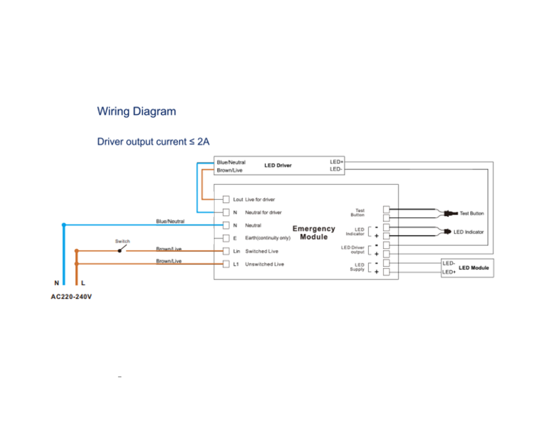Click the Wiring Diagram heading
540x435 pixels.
[x=136, y=111]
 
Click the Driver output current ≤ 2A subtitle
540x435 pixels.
[x=153, y=142]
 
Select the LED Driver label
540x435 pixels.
[x=278, y=165]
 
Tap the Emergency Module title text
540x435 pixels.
[x=314, y=233]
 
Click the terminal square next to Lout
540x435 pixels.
[x=226, y=199]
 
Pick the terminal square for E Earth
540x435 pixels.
[x=226, y=238]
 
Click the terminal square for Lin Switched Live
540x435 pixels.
[x=226, y=251]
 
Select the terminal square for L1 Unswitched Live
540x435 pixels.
[x=226, y=264]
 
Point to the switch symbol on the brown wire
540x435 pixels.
[x=122, y=249]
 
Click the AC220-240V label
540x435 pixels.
[x=71, y=297]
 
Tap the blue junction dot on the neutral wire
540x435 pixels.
[x=64, y=225]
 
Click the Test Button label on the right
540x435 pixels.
[x=471, y=213]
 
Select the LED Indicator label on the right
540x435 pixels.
[x=468, y=232]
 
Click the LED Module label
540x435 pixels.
[x=474, y=268]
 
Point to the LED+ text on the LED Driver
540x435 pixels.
[x=336, y=162]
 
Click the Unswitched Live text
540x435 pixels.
[x=264, y=264]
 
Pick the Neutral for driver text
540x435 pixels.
[x=263, y=212]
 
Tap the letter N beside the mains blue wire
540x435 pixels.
[x=56, y=283]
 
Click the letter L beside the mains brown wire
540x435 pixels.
[x=83, y=283]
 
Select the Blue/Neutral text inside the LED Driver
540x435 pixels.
[x=231, y=162]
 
